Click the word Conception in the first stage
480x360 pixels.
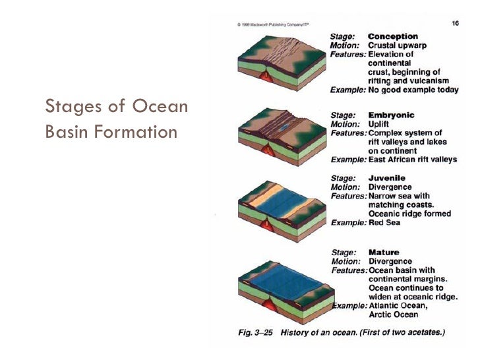pyautogui.click(x=392, y=36)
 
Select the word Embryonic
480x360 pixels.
pyautogui.click(x=392, y=115)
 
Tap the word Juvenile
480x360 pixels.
pyautogui.click(x=386, y=178)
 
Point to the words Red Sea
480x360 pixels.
pyautogui.click(x=384, y=223)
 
